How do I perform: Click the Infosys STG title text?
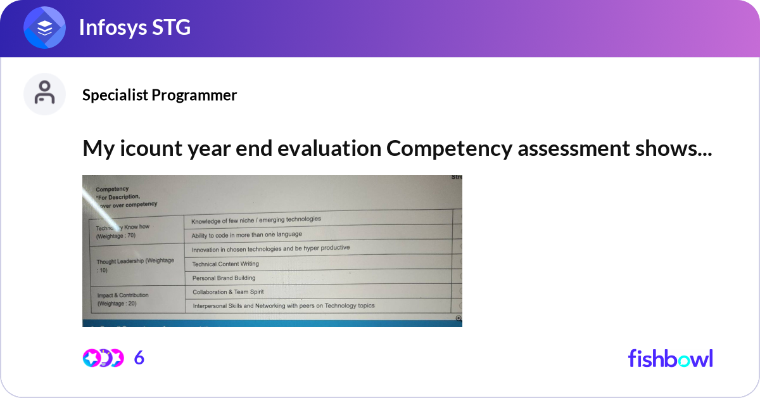134,28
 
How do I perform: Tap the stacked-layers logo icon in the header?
44,29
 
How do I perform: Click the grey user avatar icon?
44,94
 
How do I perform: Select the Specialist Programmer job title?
160,95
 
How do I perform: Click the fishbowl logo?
670,358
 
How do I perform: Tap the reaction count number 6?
139,358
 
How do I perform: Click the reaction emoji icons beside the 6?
103,358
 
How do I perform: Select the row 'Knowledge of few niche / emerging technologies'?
256,219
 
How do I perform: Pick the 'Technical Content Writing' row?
225,264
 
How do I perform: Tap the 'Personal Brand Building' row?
224,278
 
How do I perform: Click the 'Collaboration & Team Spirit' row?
228,292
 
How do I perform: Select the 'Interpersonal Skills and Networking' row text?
283,305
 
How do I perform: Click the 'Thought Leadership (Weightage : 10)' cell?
134,265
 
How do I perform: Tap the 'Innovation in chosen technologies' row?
270,248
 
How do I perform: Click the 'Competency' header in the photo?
112,189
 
